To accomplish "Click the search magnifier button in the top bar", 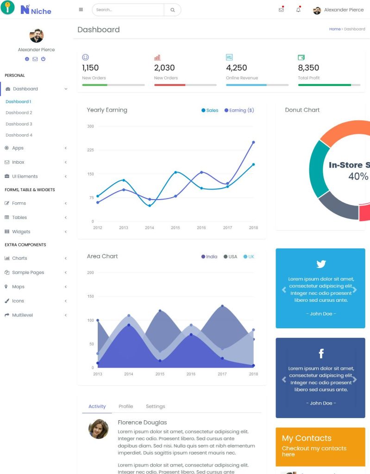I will pyautogui.click(x=172, y=10).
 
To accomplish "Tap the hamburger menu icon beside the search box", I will pyautogui.click(x=81, y=10).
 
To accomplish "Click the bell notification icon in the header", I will pyautogui.click(x=298, y=10).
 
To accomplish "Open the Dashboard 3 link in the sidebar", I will pyautogui.click(x=19, y=124).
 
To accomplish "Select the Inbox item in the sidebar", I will pyautogui.click(x=18, y=162).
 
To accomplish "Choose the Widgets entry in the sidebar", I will pyautogui.click(x=21, y=231).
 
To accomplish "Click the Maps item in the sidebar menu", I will pyautogui.click(x=18, y=287).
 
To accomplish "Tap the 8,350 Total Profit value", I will pyautogui.click(x=308, y=68).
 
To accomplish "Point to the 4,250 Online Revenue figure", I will pyautogui.click(x=236, y=68).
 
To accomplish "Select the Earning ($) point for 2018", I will pyautogui.click(x=253, y=142).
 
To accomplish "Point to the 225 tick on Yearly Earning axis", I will pyautogui.click(x=90, y=150).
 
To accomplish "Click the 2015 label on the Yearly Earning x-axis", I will pyautogui.click(x=175, y=228).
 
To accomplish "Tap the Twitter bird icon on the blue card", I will pyautogui.click(x=321, y=264).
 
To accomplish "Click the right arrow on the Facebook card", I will pyautogui.click(x=355, y=380).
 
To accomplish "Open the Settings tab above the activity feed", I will pyautogui.click(x=155, y=406).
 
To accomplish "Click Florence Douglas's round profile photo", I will pyautogui.click(x=98, y=429).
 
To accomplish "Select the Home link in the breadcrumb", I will pyautogui.click(x=334, y=29).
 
